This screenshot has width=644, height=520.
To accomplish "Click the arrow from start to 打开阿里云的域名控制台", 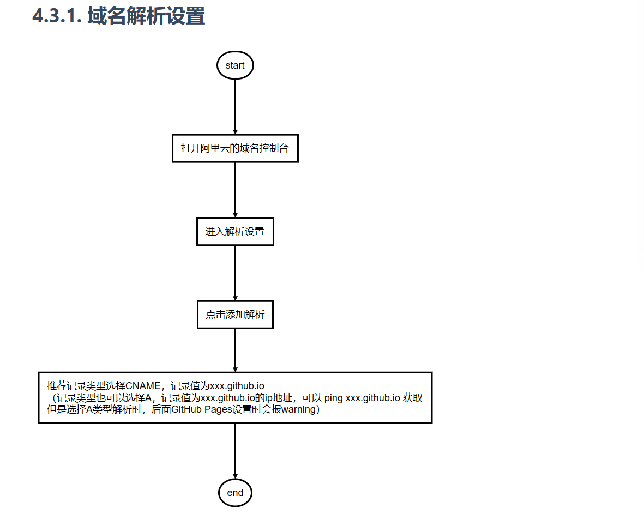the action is point(235,107).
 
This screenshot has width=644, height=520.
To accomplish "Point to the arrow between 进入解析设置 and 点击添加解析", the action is point(235,273).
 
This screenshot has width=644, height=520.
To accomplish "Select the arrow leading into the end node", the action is point(235,451).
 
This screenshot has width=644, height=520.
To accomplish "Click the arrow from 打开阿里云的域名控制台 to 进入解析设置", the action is point(235,190).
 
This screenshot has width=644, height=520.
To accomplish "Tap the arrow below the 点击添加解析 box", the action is point(235,350).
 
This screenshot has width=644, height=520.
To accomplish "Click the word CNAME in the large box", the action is point(143,386).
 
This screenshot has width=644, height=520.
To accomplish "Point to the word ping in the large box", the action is point(334,398).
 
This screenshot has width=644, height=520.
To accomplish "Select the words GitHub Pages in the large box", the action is point(202,409).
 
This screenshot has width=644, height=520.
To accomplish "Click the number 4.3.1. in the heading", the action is point(57,16).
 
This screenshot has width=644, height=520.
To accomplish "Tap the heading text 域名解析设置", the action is point(146,16).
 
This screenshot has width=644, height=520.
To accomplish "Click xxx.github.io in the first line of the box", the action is point(237,386).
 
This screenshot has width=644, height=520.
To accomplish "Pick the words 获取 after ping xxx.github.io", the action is point(412,398).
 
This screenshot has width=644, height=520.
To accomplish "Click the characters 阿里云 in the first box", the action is point(215,148).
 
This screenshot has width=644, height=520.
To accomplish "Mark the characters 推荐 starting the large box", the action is point(57,386).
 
